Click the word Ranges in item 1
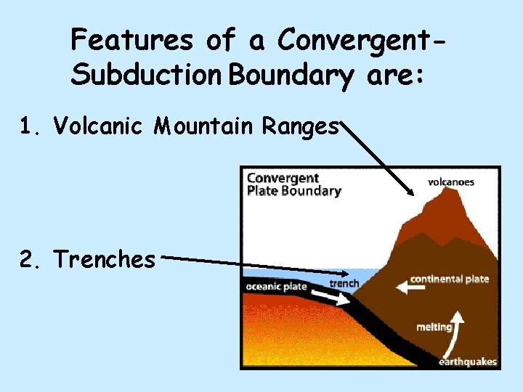[301, 128]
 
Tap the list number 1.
[28, 127]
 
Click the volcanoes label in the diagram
[450, 181]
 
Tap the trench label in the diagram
[344, 282]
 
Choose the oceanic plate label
[276, 286]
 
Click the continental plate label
[450, 279]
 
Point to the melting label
[434, 327]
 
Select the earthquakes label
[468, 361]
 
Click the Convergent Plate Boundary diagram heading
[293, 184]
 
